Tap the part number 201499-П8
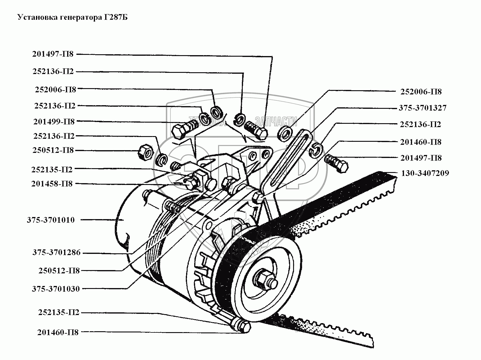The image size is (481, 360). (54, 122)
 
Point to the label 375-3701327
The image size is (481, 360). (423, 108)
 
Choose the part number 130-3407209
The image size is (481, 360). (425, 173)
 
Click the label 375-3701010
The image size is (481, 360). (51, 220)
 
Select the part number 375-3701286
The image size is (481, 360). (57, 253)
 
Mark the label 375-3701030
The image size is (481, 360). (56, 289)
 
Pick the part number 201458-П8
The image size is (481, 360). (52, 184)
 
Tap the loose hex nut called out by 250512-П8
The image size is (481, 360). (146, 152)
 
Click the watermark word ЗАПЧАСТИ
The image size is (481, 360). (276, 122)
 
